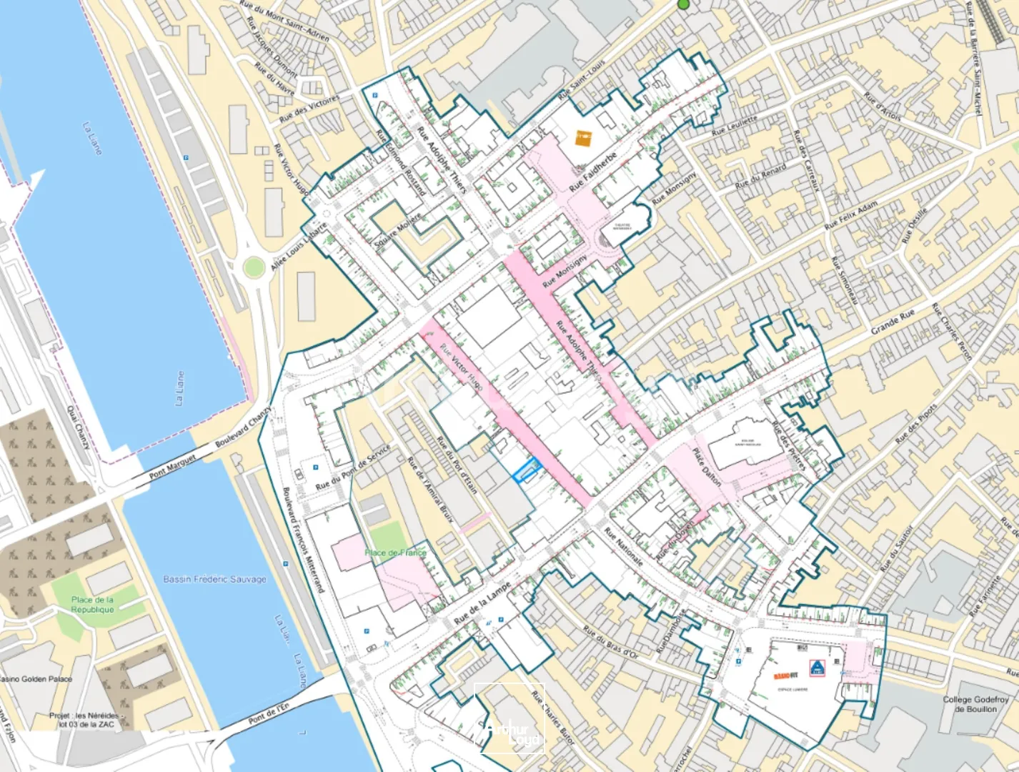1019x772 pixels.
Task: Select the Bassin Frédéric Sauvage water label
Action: tap(214, 579)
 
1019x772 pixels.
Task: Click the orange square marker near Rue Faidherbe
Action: tap(584, 137)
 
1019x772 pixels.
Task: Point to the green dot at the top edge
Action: tap(684, 4)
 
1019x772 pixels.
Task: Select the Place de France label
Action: tap(395, 553)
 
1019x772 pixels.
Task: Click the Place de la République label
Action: tap(92, 605)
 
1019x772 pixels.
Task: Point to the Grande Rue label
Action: tap(893, 323)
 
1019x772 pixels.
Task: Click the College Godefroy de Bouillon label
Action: tap(975, 704)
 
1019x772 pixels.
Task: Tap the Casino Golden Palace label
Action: tap(36, 679)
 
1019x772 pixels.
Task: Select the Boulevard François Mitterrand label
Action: tap(303, 540)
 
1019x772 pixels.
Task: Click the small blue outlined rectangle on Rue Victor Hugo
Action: tap(527, 471)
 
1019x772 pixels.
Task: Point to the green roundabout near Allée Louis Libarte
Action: tap(253, 268)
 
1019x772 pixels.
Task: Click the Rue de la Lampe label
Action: tap(482, 605)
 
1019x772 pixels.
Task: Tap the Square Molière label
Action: tap(397, 231)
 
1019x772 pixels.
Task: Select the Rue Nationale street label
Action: tap(623, 547)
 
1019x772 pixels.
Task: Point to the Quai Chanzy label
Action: tap(78, 427)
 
